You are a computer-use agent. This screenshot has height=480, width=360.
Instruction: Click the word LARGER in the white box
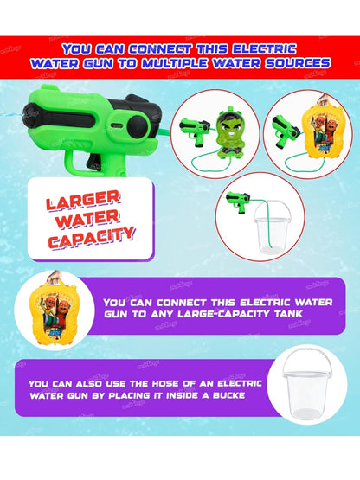click(x=82, y=200)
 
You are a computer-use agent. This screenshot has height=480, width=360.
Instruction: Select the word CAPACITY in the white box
click(x=92, y=238)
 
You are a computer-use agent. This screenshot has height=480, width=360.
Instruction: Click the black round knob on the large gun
click(x=138, y=128)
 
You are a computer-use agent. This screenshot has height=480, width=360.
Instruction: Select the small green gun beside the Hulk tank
click(x=195, y=131)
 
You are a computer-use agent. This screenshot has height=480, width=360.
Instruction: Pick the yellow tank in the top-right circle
click(x=326, y=133)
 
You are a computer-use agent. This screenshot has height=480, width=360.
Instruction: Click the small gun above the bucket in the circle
click(x=238, y=202)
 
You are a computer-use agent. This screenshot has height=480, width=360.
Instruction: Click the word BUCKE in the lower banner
click(x=228, y=395)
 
